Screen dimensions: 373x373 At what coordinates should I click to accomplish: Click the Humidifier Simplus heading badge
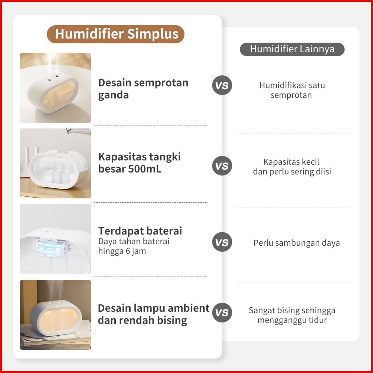coord(115,34)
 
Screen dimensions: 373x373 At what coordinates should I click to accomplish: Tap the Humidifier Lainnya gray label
coord(292,49)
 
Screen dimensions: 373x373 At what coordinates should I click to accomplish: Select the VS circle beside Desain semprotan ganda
coord(222,85)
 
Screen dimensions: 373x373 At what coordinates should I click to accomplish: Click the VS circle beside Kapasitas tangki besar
coord(222,166)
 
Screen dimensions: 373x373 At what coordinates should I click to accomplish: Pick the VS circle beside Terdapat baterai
coord(222,242)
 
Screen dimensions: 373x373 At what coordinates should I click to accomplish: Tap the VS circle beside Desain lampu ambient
coord(222,313)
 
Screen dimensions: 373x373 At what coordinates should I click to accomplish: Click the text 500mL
coord(145,169)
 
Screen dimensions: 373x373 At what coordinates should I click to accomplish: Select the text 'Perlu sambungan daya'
coord(297,243)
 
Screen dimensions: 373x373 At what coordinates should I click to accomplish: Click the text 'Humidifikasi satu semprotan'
coord(292,90)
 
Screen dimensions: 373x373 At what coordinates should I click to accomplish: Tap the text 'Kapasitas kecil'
coord(291,162)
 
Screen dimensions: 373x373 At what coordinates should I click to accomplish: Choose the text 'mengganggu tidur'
coord(292,320)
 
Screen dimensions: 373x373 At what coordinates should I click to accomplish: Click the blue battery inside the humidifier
coord(51,248)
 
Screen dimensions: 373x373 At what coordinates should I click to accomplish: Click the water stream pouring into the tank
coord(64,141)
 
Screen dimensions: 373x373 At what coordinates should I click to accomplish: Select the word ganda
coord(114,95)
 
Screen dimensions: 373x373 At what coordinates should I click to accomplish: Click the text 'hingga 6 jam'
coord(122,251)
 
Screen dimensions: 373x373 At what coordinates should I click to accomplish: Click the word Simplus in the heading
coord(153,34)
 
